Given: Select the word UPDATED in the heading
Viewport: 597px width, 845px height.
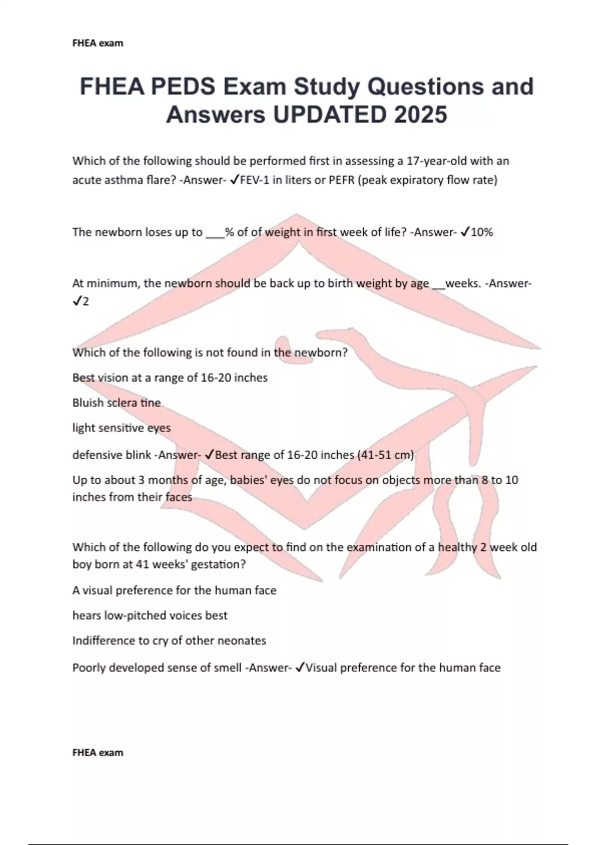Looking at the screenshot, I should (x=329, y=115).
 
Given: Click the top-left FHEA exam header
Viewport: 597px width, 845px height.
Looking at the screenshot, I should (x=98, y=43).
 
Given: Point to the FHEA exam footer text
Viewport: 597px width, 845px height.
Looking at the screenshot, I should (x=98, y=753).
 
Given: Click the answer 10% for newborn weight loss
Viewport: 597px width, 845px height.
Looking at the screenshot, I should (x=482, y=232).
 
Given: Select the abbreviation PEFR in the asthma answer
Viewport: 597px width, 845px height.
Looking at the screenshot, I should (x=342, y=180).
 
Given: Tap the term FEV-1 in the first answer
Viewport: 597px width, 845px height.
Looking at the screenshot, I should (x=254, y=180).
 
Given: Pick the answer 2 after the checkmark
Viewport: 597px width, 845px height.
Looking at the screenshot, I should (x=86, y=302).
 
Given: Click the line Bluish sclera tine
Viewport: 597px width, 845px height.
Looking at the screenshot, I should (x=116, y=403).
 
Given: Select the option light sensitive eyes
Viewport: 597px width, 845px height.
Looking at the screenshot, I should (x=121, y=428).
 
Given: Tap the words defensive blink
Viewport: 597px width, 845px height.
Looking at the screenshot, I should (x=113, y=455).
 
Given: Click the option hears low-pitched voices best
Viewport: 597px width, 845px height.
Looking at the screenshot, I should (x=150, y=615).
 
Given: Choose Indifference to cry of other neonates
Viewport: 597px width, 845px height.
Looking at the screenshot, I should (x=169, y=641).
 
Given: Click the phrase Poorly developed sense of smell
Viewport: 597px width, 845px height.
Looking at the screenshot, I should (x=157, y=668).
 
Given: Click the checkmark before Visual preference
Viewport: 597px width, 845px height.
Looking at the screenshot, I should (x=300, y=668).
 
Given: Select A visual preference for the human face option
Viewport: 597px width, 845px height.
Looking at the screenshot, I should (x=174, y=591).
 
